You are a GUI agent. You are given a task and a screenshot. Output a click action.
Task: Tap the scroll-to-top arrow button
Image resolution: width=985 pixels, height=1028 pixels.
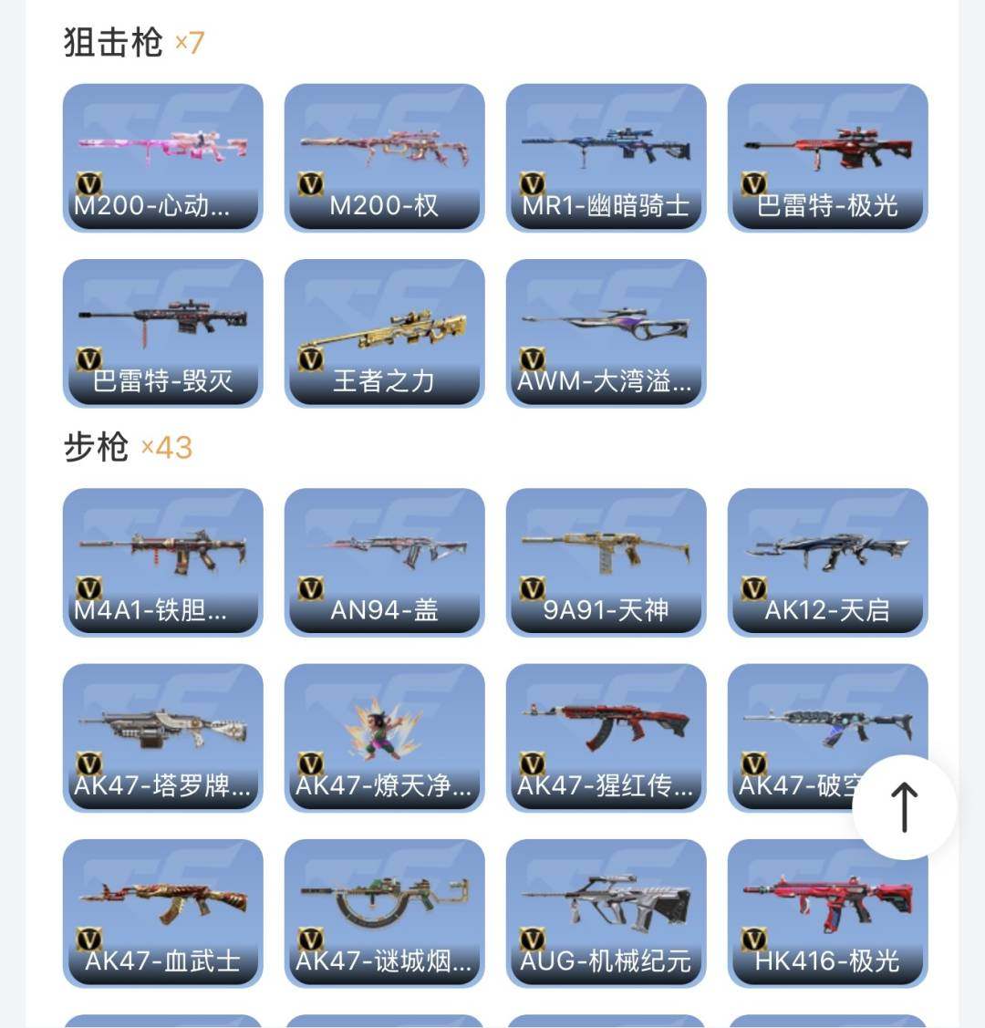[x=904, y=807]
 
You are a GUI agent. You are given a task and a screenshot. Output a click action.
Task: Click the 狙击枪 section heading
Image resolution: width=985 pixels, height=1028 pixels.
[x=113, y=42]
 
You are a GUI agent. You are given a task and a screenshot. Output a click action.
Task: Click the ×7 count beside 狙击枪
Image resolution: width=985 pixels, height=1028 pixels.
[x=190, y=42]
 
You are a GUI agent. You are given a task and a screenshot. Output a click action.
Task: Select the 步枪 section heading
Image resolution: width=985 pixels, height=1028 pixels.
[x=96, y=447]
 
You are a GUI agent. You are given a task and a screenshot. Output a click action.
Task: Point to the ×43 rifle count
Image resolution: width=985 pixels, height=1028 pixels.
[x=167, y=448]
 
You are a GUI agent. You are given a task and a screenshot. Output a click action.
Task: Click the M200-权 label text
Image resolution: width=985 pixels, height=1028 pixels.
[x=384, y=206]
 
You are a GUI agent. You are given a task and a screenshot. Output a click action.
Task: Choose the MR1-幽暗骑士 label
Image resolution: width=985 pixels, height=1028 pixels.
[x=606, y=206]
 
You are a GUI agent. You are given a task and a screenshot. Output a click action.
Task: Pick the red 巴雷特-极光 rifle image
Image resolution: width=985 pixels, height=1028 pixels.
[x=827, y=146]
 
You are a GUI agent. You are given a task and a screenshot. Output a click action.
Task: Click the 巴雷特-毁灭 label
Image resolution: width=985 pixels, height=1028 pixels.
[x=162, y=381]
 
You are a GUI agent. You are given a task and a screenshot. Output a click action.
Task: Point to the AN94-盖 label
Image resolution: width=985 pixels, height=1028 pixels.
[x=384, y=610]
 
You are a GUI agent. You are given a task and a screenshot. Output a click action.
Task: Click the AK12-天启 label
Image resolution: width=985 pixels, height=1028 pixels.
[x=827, y=610]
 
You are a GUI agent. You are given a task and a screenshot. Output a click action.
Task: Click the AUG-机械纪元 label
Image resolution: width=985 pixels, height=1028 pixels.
[x=606, y=961]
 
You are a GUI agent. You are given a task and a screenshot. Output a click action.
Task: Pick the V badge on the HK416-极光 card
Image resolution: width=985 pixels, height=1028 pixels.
[x=754, y=940]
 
